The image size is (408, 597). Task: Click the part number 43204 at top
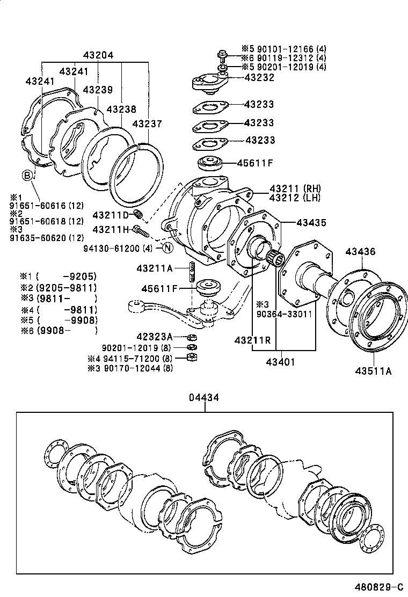[98, 55]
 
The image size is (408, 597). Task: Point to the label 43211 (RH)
[295, 188]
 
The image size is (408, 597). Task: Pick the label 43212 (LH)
[295, 198]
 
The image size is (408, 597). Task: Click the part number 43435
[311, 223]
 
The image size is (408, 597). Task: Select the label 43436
[360, 251]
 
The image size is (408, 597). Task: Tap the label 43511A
[373, 371]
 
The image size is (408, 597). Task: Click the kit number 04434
[204, 398]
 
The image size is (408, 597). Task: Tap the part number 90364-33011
[284, 314]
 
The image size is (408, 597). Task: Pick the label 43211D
[111, 215]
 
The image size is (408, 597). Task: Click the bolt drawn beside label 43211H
[141, 231]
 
